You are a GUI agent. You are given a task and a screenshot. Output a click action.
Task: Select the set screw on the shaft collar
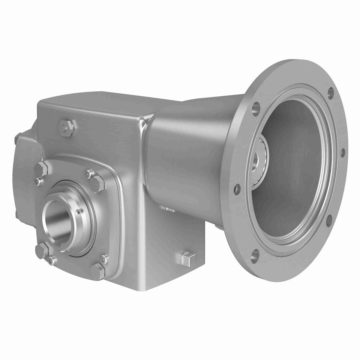point(79,212)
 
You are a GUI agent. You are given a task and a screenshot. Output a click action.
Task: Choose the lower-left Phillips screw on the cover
point(51,260)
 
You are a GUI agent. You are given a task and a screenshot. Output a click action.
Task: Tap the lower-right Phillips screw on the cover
point(103,258)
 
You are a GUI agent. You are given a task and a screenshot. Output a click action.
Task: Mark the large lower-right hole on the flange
point(329,219)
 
